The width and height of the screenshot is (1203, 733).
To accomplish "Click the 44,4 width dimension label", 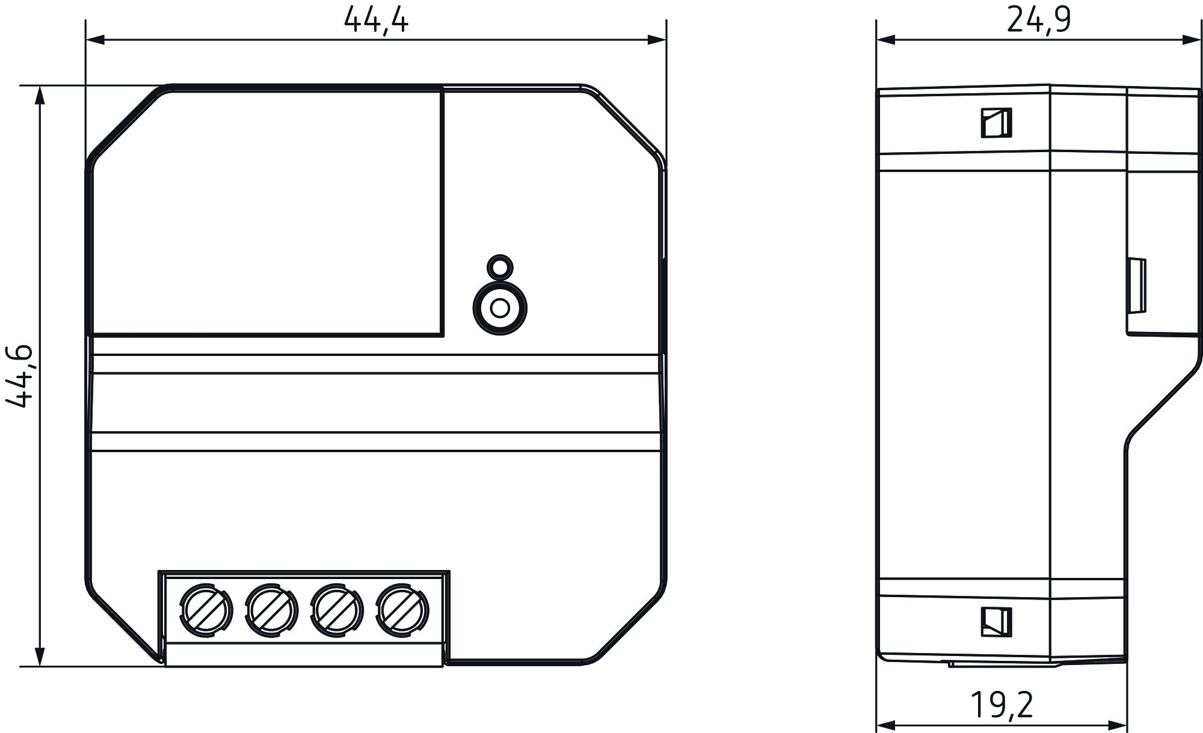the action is point(376,20).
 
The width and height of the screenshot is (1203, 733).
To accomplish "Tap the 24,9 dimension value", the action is point(1039,20).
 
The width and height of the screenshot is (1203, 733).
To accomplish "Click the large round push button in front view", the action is point(500,308).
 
